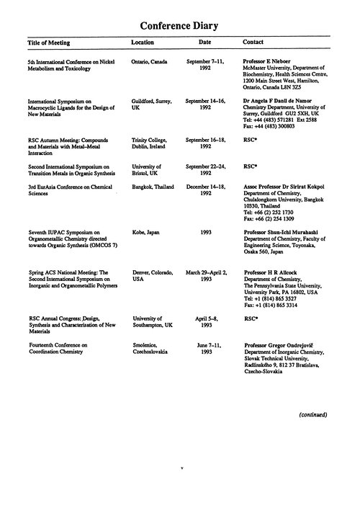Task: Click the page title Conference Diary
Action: click(179, 26)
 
